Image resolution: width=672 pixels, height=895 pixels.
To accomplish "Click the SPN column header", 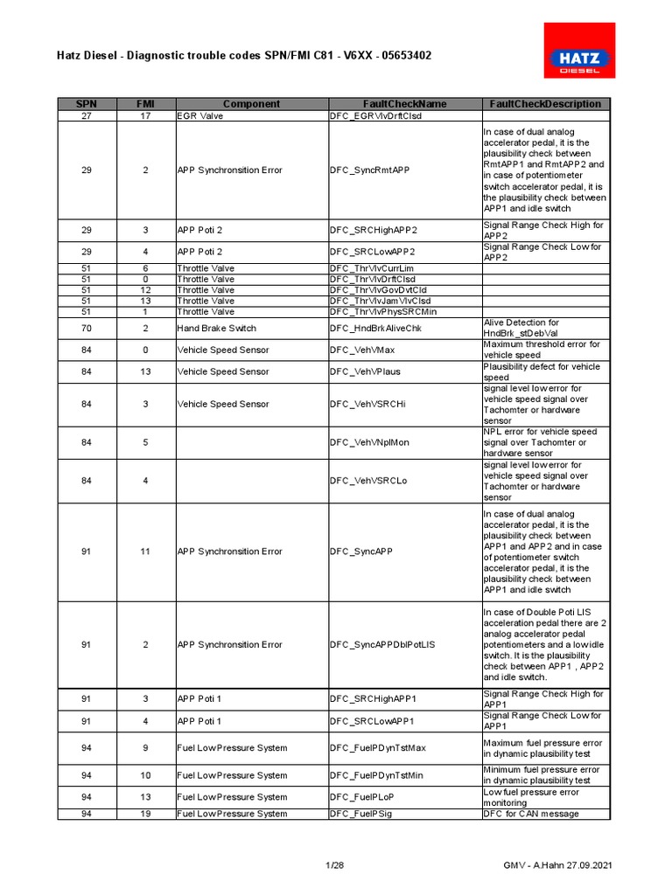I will click(87, 104).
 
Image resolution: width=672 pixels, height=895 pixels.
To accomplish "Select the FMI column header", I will click(145, 104).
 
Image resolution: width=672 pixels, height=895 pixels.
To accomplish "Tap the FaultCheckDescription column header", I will click(545, 104).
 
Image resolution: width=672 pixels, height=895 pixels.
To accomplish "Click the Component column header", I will click(251, 104).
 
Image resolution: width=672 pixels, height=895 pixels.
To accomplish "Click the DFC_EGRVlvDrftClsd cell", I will click(375, 115).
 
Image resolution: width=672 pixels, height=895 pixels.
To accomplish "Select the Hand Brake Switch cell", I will click(217, 328).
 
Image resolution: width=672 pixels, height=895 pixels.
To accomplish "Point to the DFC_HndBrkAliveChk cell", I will click(375, 328).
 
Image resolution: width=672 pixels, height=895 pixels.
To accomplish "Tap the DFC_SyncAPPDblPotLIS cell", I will click(382, 644).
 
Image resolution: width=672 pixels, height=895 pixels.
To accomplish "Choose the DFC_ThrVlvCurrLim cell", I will click(372, 268).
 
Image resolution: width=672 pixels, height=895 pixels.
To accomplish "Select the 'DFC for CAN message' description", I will click(531, 814).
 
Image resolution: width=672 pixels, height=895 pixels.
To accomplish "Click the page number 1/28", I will click(335, 865).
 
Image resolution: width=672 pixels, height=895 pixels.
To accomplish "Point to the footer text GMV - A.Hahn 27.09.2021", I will click(556, 865).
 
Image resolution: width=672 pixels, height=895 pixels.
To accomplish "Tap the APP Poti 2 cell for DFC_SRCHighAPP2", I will click(199, 230).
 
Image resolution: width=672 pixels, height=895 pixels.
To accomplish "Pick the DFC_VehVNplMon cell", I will click(369, 442).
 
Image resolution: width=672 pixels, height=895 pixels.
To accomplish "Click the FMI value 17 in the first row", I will click(145, 115).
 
